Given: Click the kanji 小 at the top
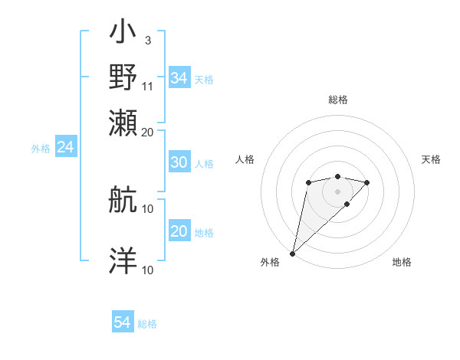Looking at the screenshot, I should (123, 35).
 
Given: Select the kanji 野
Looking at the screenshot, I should (123, 77).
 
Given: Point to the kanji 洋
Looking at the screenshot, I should (123, 260).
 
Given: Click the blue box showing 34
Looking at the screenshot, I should (179, 78).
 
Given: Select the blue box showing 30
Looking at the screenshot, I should (179, 162).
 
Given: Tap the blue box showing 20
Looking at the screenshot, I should (179, 231).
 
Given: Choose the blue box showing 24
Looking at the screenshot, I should (65, 148).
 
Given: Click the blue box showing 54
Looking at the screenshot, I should (123, 323).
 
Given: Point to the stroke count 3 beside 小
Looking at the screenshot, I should (147, 39).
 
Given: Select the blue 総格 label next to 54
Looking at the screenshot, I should (147, 325).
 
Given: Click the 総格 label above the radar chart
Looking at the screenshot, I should (337, 100).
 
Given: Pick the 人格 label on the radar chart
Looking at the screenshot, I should (245, 159).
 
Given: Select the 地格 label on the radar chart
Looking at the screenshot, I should (402, 263).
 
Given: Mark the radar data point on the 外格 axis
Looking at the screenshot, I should (292, 253).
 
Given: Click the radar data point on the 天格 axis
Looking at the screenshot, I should (367, 182).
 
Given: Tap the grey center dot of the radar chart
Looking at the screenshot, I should (337, 191).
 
